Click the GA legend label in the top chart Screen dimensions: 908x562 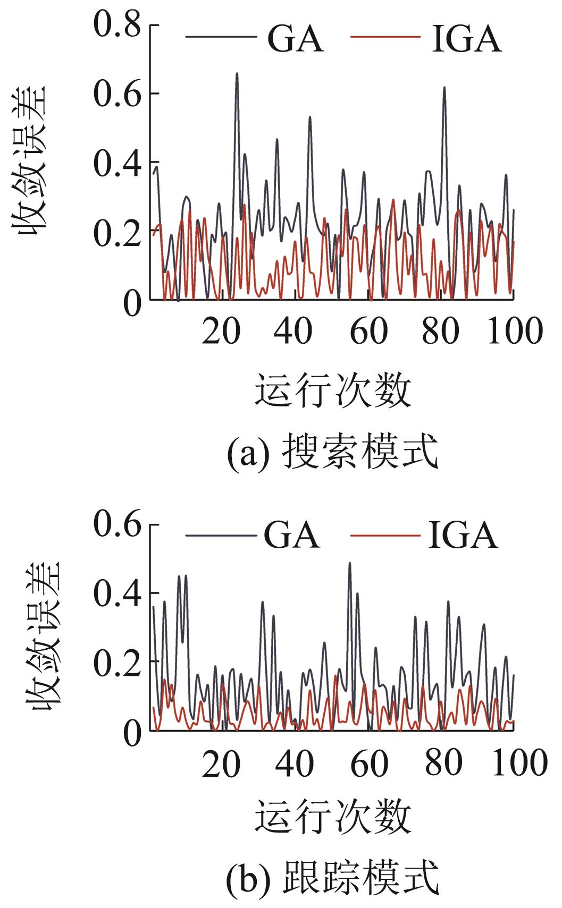pyautogui.click(x=295, y=38)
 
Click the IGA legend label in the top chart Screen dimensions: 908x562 pyautogui.click(x=466, y=38)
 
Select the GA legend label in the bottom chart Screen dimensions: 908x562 pyautogui.click(x=292, y=534)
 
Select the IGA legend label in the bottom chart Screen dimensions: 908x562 pyautogui.click(x=463, y=534)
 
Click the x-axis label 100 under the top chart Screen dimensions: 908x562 pyautogui.click(x=515, y=330)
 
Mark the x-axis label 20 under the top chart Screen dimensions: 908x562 pyautogui.click(x=221, y=330)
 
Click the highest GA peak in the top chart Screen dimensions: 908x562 pyautogui.click(x=237, y=74)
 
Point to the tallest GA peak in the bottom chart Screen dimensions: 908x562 pyautogui.click(x=349, y=563)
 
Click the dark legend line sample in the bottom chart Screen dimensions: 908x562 pyautogui.click(x=218, y=534)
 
